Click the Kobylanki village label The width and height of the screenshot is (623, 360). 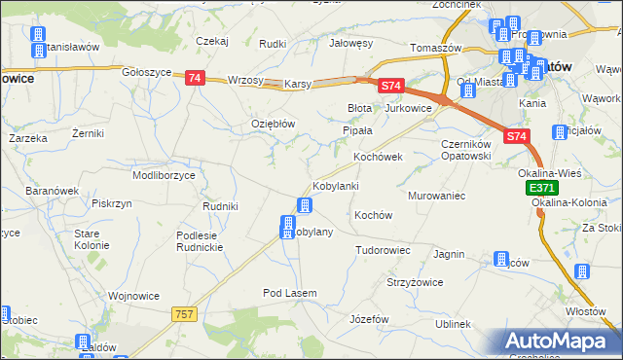pyautogui.click(x=336, y=186)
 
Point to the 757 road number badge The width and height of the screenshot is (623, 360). pyautogui.click(x=185, y=313)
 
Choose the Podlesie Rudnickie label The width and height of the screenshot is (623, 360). pyautogui.click(x=202, y=241)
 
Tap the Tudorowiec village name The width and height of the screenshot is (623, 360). pyautogui.click(x=383, y=250)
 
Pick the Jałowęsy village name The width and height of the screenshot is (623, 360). pyautogui.click(x=351, y=44)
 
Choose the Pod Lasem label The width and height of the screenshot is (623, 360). pyautogui.click(x=284, y=293)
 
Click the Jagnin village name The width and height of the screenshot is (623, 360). pyautogui.click(x=449, y=254)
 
